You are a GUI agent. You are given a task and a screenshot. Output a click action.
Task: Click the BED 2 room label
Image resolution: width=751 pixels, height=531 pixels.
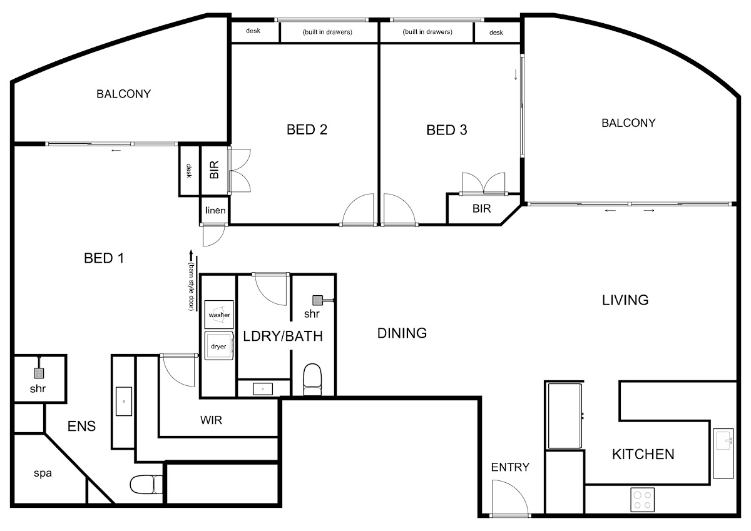coord(307,129)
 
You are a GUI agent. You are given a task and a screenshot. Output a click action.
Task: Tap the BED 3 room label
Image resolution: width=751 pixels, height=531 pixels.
coord(447,130)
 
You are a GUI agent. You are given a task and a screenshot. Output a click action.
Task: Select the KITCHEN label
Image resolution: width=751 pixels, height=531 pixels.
coord(643,454)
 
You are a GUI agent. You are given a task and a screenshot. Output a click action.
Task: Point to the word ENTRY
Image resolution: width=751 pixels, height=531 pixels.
coord(510,467)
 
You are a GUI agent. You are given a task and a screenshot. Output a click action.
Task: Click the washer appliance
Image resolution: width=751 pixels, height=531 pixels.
coord(219,315)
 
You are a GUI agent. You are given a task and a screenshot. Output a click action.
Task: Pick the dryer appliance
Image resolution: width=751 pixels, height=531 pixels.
coord(219,346)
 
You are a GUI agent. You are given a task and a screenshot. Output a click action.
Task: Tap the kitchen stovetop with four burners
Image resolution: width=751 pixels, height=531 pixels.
coord(642,500)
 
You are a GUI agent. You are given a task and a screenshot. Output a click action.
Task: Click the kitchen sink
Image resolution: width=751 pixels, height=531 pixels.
coord(723,453)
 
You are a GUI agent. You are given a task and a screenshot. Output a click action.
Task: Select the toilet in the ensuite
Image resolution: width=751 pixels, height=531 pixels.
coord(146,485)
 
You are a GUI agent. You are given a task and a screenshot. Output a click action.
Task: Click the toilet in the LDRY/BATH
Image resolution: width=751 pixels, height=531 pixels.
coord(312,380)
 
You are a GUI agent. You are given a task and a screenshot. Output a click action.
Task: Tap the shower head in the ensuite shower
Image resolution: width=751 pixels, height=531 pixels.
coord(39,373)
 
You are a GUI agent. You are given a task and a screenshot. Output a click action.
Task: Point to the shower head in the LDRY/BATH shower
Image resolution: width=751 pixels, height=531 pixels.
coord(317,300)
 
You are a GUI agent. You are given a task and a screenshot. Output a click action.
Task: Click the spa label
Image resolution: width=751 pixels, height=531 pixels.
coord(43,473)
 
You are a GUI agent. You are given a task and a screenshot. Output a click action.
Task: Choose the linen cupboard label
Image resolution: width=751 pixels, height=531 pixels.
coord(215,210)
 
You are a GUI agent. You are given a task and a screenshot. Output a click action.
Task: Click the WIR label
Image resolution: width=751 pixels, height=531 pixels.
coord(212,420)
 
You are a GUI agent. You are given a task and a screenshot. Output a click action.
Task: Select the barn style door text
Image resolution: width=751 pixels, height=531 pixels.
coord(191,286)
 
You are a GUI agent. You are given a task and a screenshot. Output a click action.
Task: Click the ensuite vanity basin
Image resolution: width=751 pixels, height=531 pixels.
coord(124,402)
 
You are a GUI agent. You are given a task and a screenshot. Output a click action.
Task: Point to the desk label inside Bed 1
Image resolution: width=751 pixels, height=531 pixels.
coord(189,171)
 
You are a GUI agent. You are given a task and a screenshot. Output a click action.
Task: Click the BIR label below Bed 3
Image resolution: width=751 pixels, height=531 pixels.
coord(481,209)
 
